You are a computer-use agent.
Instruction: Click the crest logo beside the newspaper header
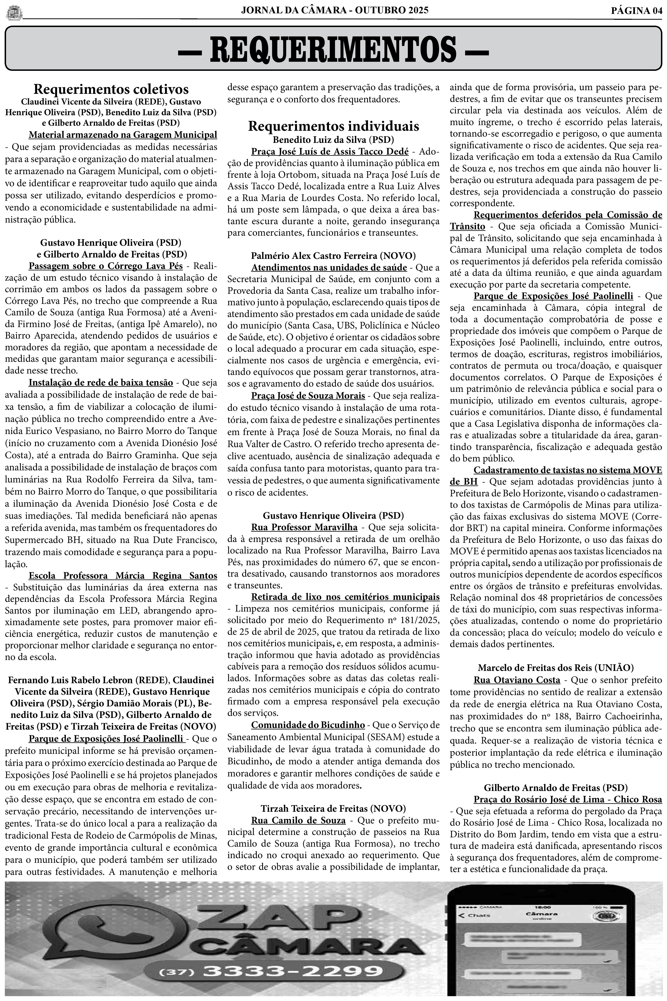click(14, 13)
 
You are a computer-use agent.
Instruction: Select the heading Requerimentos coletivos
click(111, 89)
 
